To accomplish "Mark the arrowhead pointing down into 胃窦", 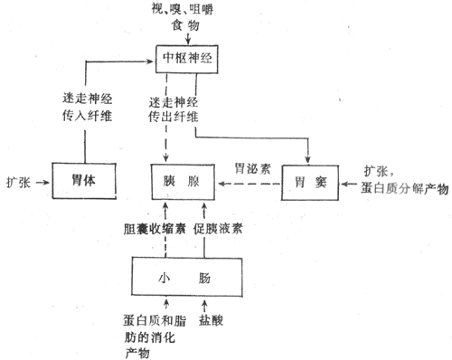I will click(x=310, y=157).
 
